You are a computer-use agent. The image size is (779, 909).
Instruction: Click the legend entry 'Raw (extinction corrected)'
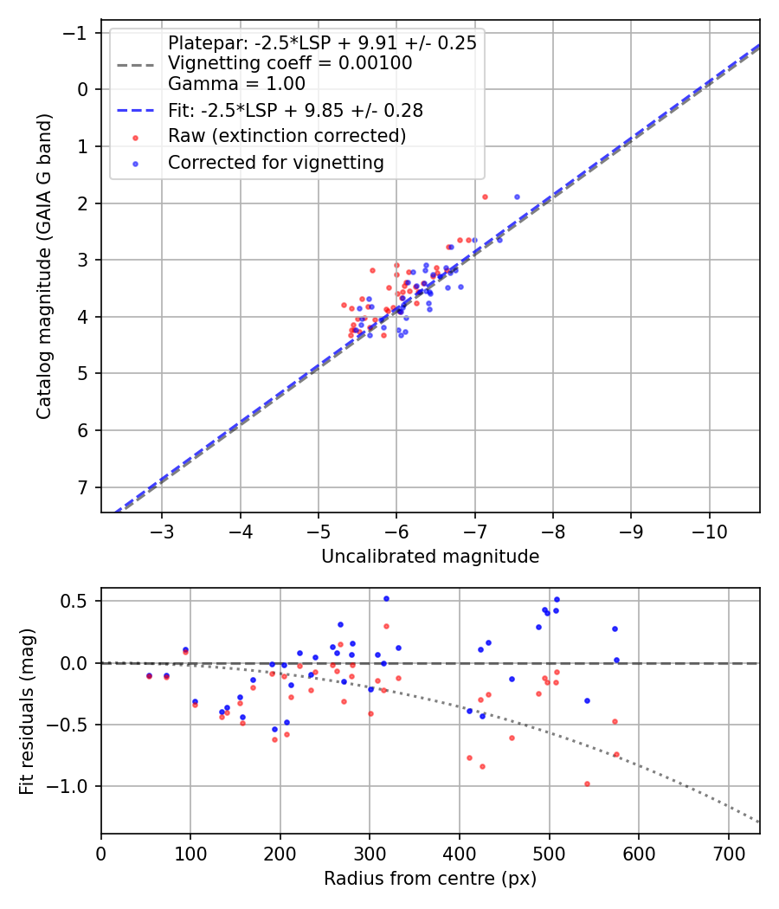[x=286, y=136]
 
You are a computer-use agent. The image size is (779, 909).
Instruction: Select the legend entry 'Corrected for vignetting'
[x=276, y=162]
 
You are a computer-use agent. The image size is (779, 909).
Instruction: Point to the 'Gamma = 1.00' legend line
[x=236, y=84]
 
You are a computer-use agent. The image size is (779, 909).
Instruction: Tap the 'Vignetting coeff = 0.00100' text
[x=290, y=63]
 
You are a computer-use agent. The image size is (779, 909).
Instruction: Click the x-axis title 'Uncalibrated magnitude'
[x=430, y=557]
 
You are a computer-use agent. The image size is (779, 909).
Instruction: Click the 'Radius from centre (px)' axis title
[x=430, y=879]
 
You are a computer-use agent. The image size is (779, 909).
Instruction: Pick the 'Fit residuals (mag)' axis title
[x=27, y=711]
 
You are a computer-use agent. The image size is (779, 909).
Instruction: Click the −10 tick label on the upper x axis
[x=709, y=530]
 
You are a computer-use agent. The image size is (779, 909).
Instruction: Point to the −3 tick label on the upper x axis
[x=162, y=530]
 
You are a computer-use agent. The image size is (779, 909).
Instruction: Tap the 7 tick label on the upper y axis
[x=82, y=487]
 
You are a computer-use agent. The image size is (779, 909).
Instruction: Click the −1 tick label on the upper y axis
[x=76, y=33]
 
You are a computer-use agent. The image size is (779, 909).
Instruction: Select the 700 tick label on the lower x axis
[x=728, y=852]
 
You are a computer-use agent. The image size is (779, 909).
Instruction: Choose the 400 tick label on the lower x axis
[x=460, y=852]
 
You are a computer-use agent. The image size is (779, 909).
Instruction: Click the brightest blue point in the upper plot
[x=517, y=197]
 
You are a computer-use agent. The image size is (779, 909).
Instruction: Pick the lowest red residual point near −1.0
[x=587, y=783]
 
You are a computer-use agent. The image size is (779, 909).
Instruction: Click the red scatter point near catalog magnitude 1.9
[x=485, y=197]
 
